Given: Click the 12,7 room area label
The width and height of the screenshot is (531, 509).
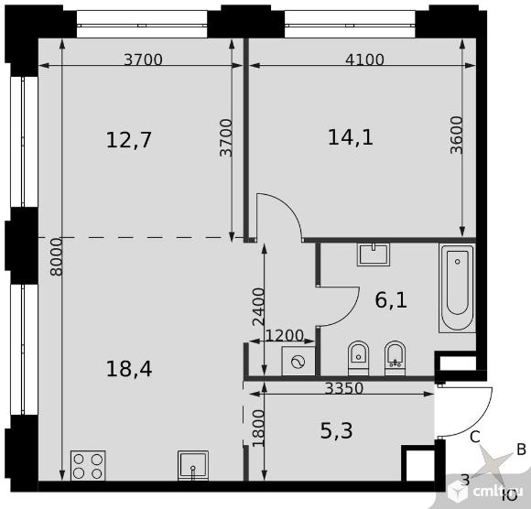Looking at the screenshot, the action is (x=129, y=140).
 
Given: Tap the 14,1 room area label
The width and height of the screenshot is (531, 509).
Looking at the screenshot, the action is (x=351, y=137).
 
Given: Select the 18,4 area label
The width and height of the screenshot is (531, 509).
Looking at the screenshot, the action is (x=129, y=369).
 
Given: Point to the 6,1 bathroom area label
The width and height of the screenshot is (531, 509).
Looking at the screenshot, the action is (x=391, y=300).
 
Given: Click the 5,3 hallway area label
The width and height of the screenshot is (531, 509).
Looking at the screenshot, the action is (x=336, y=431).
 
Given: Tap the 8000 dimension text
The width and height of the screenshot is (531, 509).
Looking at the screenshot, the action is (x=56, y=257).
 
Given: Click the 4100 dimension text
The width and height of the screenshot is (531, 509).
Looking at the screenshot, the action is (x=364, y=60).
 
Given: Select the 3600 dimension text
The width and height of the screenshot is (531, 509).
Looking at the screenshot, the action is (x=457, y=135).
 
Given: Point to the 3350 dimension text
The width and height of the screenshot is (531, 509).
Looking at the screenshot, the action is (x=344, y=388).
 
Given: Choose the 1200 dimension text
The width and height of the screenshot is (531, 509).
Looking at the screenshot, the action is (x=284, y=336).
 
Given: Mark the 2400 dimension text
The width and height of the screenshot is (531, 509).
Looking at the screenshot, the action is (x=258, y=307).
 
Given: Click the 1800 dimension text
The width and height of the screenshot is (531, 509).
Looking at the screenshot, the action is (x=258, y=428).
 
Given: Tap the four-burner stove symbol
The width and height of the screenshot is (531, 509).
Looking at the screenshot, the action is (x=88, y=465).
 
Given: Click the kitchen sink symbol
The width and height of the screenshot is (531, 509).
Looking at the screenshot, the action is (x=193, y=465).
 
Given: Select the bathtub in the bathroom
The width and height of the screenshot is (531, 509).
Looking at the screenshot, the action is (x=457, y=287).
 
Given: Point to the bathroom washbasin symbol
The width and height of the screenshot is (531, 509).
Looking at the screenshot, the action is (x=374, y=254).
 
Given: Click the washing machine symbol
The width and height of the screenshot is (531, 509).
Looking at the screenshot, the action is (x=298, y=361).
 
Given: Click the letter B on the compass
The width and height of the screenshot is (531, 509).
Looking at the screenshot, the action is (x=521, y=449).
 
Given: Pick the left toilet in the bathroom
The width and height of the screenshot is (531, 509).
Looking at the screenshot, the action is (x=358, y=358).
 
